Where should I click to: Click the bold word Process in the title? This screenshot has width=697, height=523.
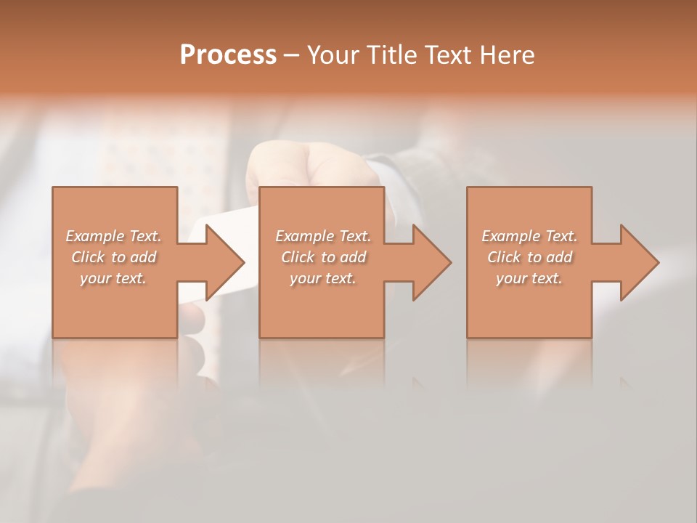point(228,55)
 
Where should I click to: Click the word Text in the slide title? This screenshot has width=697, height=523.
point(449,55)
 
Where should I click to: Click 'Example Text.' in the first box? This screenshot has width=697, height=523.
point(113,236)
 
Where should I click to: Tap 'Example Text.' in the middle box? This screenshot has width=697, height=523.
point(323,236)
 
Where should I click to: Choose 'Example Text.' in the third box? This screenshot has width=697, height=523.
point(529,236)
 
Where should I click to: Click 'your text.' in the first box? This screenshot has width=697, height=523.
point(113,278)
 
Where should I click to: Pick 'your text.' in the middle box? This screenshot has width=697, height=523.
point(323,278)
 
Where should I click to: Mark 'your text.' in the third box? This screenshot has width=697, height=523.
point(529,278)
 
